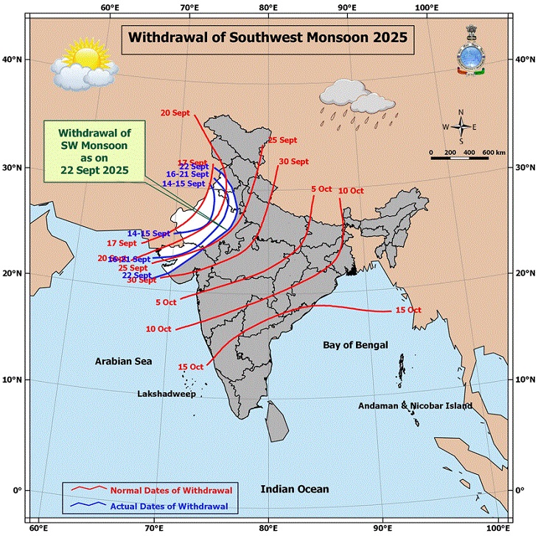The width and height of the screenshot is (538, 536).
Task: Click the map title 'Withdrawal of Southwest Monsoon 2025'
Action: (x=268, y=37)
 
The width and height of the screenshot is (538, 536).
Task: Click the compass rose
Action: (x=461, y=126)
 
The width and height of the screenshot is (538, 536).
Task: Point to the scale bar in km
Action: (x=467, y=157)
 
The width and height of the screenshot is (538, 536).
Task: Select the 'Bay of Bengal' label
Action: (x=357, y=345)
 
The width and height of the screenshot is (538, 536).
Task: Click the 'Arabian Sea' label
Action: (x=122, y=361)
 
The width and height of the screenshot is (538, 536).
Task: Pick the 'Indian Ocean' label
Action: (x=295, y=489)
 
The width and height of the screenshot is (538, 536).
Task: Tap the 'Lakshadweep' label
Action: (x=166, y=394)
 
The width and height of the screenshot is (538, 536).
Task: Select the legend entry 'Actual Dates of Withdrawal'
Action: (x=170, y=507)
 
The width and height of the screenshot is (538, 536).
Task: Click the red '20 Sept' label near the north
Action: (x=175, y=112)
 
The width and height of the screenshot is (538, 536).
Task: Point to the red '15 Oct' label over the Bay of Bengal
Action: (x=408, y=310)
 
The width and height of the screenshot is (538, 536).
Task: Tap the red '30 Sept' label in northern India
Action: (x=293, y=161)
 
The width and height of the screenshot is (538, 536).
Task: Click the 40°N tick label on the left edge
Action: (x=13, y=59)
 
